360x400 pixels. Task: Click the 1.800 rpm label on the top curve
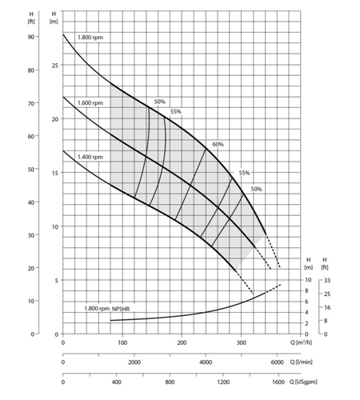[x=90, y=38]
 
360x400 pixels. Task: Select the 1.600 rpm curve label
[x=90, y=102]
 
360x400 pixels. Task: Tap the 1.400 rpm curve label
[x=90, y=157]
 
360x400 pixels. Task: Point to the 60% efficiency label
[x=218, y=144]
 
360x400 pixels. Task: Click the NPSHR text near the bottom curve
[x=121, y=309]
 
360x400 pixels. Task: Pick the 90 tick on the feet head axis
[x=31, y=37]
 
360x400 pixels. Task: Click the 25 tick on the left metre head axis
[x=55, y=66]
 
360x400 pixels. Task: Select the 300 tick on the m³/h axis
[x=242, y=342]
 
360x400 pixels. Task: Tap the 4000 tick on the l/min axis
[x=206, y=362]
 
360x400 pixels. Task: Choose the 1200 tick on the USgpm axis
[x=223, y=382]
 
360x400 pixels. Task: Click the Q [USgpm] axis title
[x=303, y=382]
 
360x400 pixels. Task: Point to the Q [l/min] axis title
[x=302, y=362]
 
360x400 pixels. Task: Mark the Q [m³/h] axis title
[x=301, y=342]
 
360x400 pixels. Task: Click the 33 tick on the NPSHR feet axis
[x=327, y=280]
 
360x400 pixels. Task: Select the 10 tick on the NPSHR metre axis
[x=308, y=280]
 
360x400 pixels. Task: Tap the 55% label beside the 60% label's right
[x=244, y=173]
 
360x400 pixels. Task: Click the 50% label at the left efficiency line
[x=159, y=102]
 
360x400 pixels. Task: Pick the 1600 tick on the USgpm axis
[x=278, y=382]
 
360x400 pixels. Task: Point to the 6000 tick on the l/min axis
[x=278, y=362]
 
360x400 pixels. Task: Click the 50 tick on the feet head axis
[x=31, y=170]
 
